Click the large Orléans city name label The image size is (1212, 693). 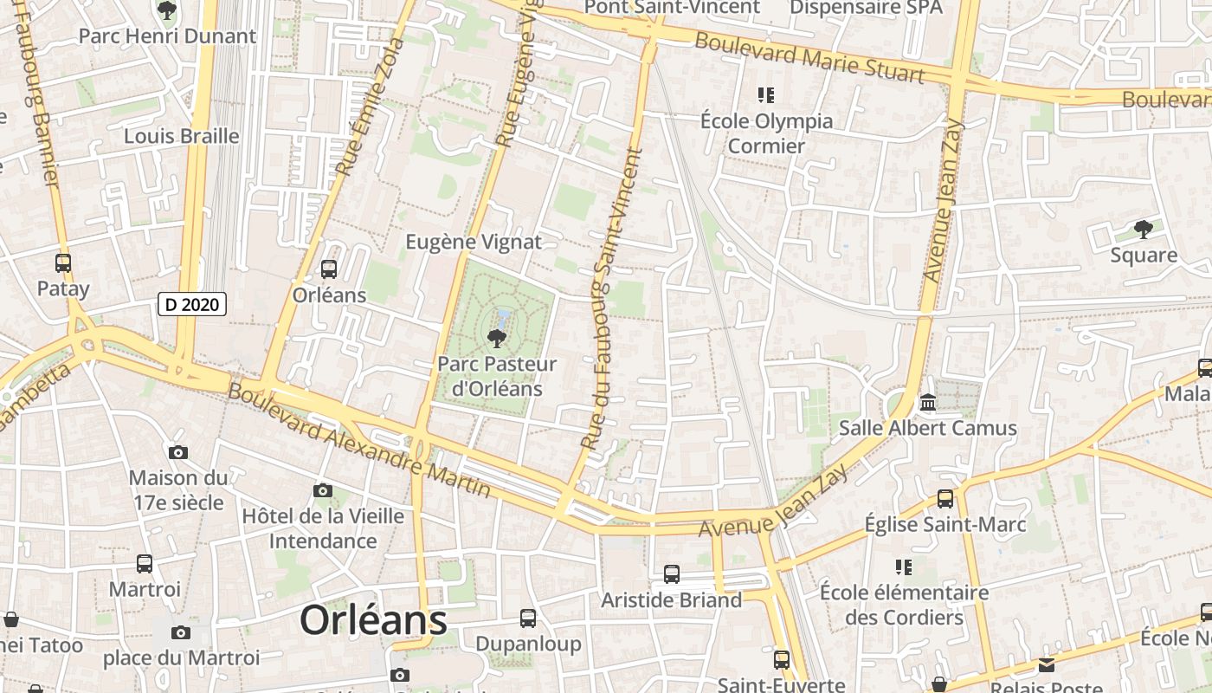[373, 620]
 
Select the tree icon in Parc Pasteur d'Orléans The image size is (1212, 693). [497, 338]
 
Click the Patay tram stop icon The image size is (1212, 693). [63, 263]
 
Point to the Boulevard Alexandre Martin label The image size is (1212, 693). [358, 440]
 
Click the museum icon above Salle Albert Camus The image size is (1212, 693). [928, 403]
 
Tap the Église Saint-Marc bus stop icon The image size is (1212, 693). [945, 499]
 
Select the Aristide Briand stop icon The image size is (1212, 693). [671, 573]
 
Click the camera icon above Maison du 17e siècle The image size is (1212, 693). [178, 452]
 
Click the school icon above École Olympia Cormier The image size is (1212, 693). [765, 95]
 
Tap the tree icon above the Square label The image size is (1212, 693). [1144, 230]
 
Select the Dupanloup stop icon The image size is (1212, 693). [528, 619]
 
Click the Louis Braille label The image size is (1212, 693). [182, 136]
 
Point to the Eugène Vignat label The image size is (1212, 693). [474, 242]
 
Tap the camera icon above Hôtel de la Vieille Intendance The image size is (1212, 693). [323, 491]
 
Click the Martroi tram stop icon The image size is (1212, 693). [145, 564]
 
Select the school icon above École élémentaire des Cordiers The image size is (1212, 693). [904, 567]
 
